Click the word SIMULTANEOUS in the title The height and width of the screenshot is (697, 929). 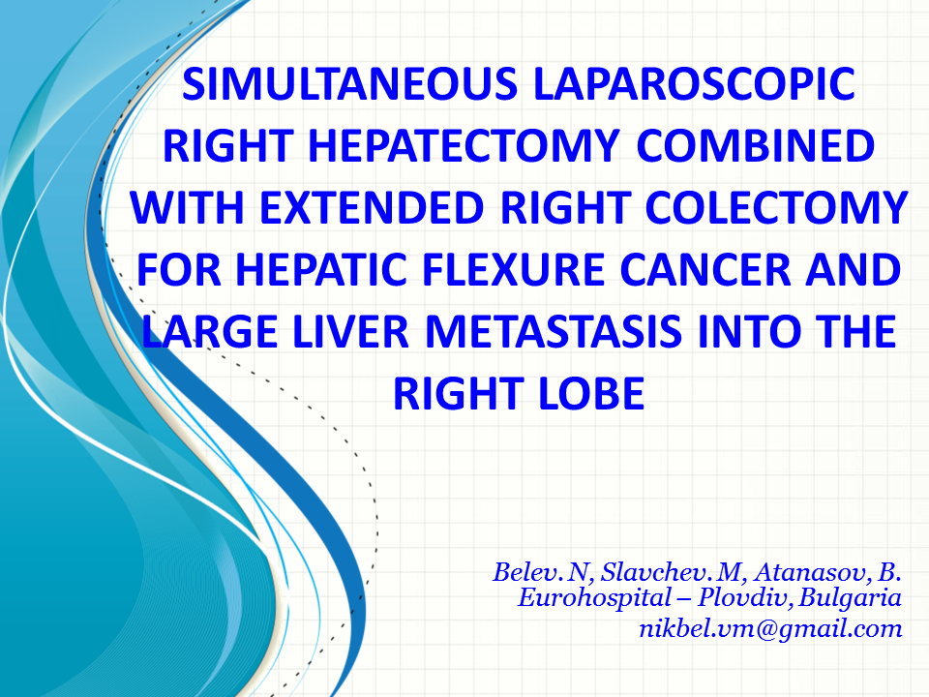(350, 83)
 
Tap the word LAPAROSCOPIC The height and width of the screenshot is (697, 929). (695, 83)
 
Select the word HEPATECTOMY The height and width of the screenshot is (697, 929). (464, 146)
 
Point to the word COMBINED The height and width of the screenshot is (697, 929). (756, 146)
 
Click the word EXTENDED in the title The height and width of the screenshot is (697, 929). (372, 208)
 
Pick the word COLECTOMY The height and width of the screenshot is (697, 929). (776, 208)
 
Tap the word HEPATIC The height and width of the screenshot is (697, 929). (320, 270)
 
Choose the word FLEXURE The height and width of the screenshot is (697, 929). (513, 270)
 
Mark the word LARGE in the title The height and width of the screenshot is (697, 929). (210, 332)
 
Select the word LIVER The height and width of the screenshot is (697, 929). (350, 332)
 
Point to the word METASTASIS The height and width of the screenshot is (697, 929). (554, 332)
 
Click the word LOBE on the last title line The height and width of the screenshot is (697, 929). (592, 394)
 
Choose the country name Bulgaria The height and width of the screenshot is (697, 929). (850, 598)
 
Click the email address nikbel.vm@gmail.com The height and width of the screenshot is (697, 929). (770, 629)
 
